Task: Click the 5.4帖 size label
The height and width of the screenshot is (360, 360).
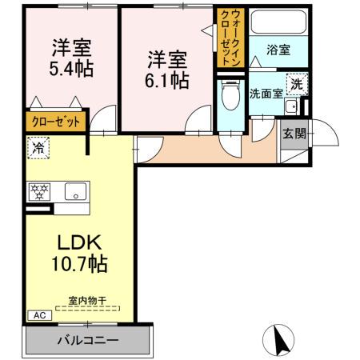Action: (x=70, y=68)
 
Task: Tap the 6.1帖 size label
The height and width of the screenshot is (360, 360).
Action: (x=168, y=80)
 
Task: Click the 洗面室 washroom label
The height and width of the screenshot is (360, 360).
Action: (x=266, y=92)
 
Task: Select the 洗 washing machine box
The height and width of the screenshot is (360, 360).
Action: (x=296, y=82)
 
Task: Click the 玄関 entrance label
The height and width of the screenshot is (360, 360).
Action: (x=294, y=133)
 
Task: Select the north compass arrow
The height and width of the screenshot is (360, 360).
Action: (x=280, y=340)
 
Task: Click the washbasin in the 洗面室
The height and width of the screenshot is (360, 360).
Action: (x=291, y=106)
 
